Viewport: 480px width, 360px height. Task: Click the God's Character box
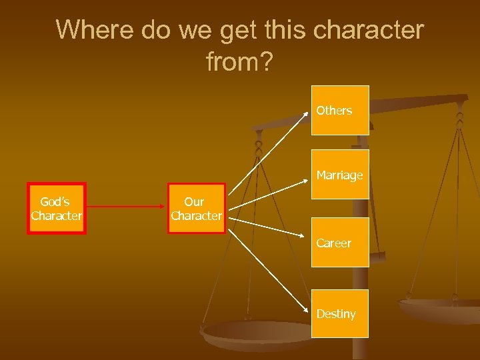pyautogui.click(x=56, y=208)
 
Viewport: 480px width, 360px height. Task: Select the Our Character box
pyautogui.click(x=196, y=208)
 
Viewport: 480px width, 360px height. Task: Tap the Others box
pyautogui.click(x=340, y=111)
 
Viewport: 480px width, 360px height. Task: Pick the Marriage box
pyautogui.click(x=340, y=175)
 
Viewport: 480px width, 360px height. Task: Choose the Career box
pyautogui.click(x=340, y=243)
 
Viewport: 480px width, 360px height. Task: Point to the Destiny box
pyautogui.click(x=340, y=313)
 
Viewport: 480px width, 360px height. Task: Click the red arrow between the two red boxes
pyautogui.click(x=127, y=208)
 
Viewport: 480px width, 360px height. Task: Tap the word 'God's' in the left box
pyautogui.click(x=55, y=201)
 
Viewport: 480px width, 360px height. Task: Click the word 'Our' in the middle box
pyautogui.click(x=194, y=201)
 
